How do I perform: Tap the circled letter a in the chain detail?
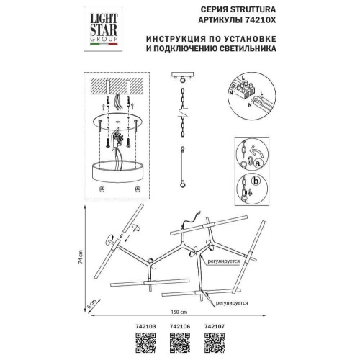[x=257, y=164]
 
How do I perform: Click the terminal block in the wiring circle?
[x=248, y=89]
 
